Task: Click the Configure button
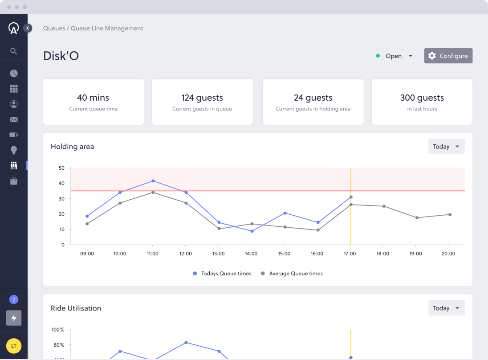448,56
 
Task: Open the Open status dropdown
394,56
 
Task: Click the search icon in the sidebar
14,51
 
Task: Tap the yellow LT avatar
14,346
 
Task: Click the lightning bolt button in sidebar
14,318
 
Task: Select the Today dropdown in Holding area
446,147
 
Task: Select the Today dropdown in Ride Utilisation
446,308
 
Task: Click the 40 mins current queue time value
93,98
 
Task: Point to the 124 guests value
202,98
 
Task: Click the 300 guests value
422,98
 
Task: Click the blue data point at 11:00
153,181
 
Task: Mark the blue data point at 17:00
351,197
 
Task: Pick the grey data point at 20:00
450,215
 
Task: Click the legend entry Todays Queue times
222,274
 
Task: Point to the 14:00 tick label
251,254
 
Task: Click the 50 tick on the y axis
61,168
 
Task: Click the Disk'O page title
61,56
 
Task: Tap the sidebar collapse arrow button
28,28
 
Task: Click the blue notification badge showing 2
14,300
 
